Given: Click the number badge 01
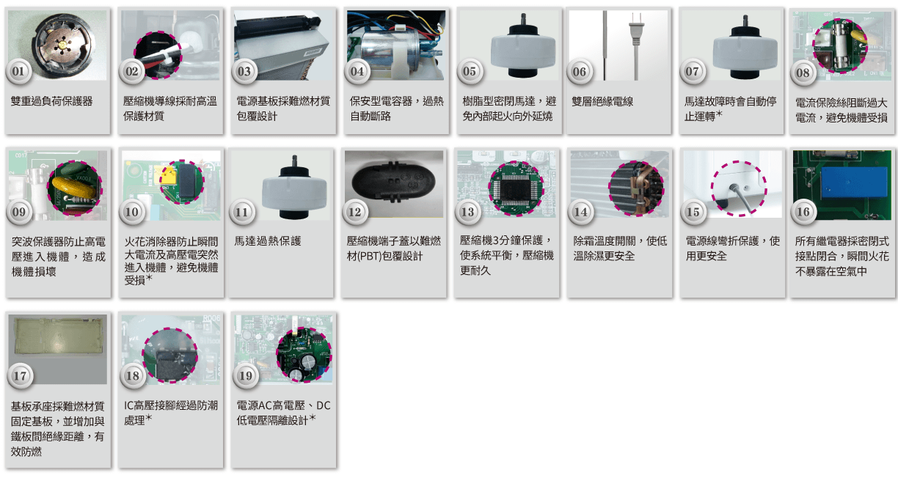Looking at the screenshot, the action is (18, 71).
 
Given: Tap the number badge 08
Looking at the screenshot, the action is (803, 73).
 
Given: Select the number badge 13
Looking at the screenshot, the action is (467, 212).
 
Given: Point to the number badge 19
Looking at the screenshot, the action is (246, 376).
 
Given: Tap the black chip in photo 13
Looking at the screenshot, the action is (516, 189).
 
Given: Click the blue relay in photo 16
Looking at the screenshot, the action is (854, 183).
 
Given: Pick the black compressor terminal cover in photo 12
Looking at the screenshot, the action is (393, 183).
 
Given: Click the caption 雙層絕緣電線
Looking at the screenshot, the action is (602, 101).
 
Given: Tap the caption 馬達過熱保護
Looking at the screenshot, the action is (268, 240).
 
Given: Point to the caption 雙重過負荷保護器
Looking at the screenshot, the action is (51, 101).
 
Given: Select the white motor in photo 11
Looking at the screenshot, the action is (294, 188).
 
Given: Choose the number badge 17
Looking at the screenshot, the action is (20, 376).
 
